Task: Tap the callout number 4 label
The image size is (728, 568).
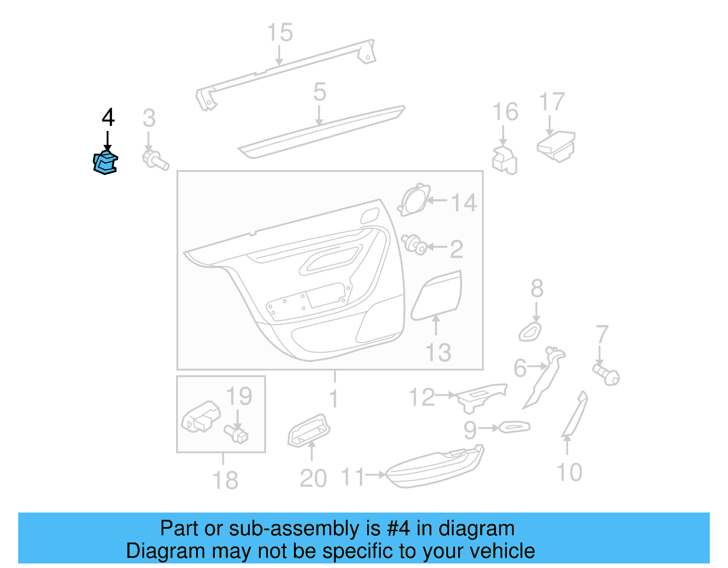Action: click(108, 118)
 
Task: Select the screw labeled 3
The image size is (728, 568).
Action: click(155, 160)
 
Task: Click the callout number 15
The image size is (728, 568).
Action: click(279, 33)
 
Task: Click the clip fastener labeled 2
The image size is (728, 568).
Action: click(415, 245)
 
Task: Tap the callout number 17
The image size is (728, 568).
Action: click(551, 102)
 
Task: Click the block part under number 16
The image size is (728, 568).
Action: click(505, 160)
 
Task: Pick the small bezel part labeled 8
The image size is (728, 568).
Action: click(531, 332)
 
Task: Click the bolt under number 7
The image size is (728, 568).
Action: click(607, 374)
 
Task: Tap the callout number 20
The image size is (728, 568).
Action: click(313, 478)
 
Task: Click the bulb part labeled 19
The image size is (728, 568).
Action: click(237, 433)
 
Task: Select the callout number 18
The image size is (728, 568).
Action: click(225, 480)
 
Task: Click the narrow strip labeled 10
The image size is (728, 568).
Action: click(575, 414)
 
